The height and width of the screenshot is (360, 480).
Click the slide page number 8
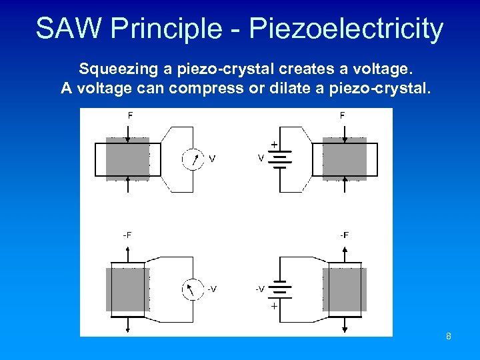(449, 336)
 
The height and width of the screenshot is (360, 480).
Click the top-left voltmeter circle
(193, 159)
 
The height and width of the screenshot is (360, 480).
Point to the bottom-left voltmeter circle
(193, 289)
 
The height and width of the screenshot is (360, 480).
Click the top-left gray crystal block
(127, 159)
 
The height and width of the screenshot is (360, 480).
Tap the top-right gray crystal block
(344, 159)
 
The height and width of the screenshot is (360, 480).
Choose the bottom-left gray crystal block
(127, 289)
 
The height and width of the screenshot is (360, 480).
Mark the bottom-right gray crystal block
(344, 289)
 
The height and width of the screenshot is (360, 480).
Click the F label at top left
(130, 115)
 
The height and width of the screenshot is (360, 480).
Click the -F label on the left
(127, 235)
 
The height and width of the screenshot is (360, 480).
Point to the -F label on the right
(344, 235)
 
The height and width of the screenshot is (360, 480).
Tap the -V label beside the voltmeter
(211, 289)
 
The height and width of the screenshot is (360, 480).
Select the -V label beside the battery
(259, 289)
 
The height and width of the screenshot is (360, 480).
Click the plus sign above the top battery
(273, 144)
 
